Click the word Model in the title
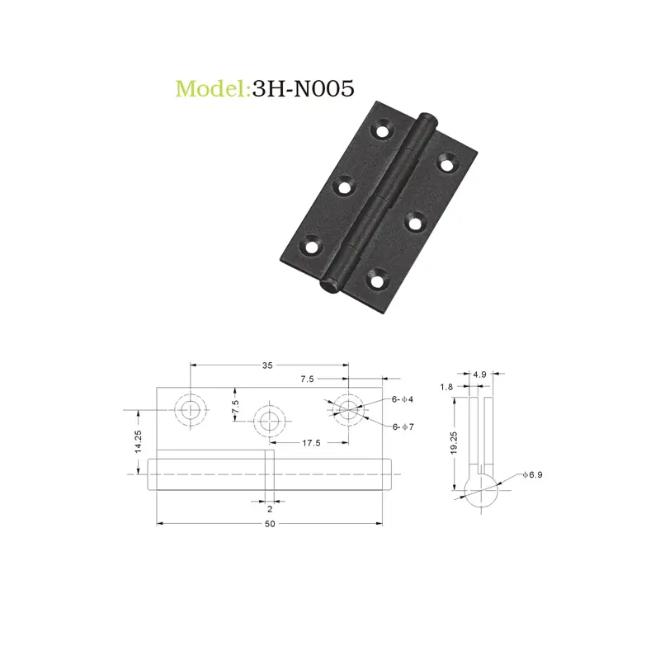click(x=210, y=88)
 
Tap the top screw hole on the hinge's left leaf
click(x=383, y=130)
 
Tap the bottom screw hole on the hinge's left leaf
click(x=313, y=246)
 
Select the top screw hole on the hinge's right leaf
click(x=446, y=163)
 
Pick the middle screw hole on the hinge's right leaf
click(x=413, y=220)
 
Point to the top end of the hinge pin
click(x=427, y=120)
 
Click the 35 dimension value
click(x=268, y=365)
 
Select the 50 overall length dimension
click(x=270, y=524)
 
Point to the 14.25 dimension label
click(x=139, y=441)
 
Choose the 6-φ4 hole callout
click(x=403, y=399)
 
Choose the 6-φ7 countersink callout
click(x=403, y=426)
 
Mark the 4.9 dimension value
click(x=479, y=375)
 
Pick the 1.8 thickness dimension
click(x=447, y=387)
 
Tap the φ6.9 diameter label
click(x=534, y=476)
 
